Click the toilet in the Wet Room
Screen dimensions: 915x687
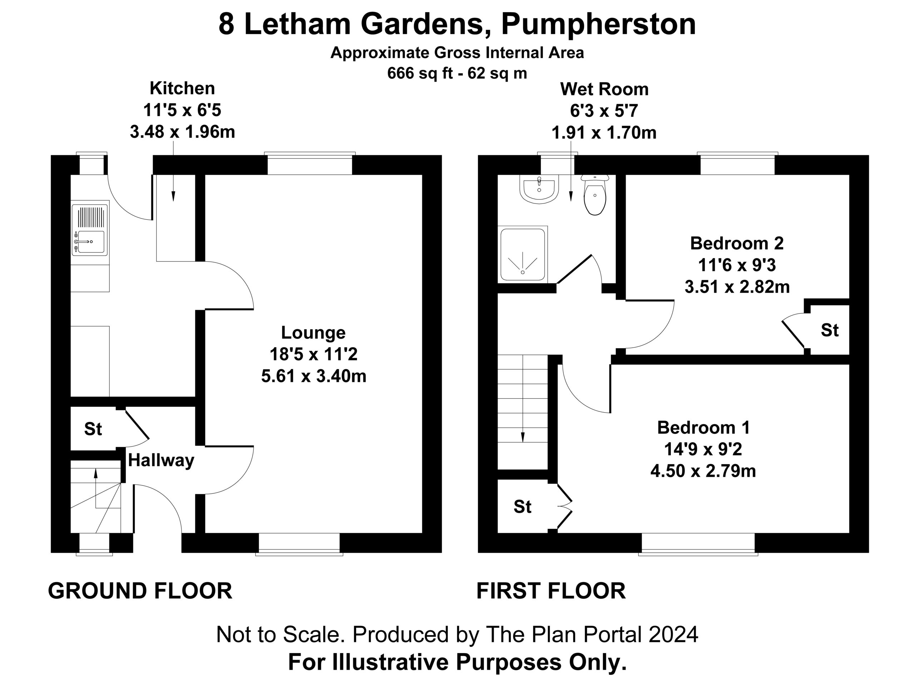point(595,195)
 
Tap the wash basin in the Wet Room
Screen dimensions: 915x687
point(539,189)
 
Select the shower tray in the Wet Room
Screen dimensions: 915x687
point(523,255)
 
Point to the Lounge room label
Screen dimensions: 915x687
point(313,332)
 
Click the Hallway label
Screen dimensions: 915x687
point(161,461)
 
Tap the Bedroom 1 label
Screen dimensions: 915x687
point(703,427)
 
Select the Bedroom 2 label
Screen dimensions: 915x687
point(737,243)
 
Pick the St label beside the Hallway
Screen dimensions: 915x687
point(93,429)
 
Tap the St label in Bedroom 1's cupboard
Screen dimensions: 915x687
point(523,506)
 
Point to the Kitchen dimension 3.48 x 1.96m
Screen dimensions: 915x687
point(182,132)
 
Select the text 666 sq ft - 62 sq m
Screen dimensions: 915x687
point(457,73)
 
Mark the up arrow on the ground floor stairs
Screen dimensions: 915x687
point(95,489)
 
